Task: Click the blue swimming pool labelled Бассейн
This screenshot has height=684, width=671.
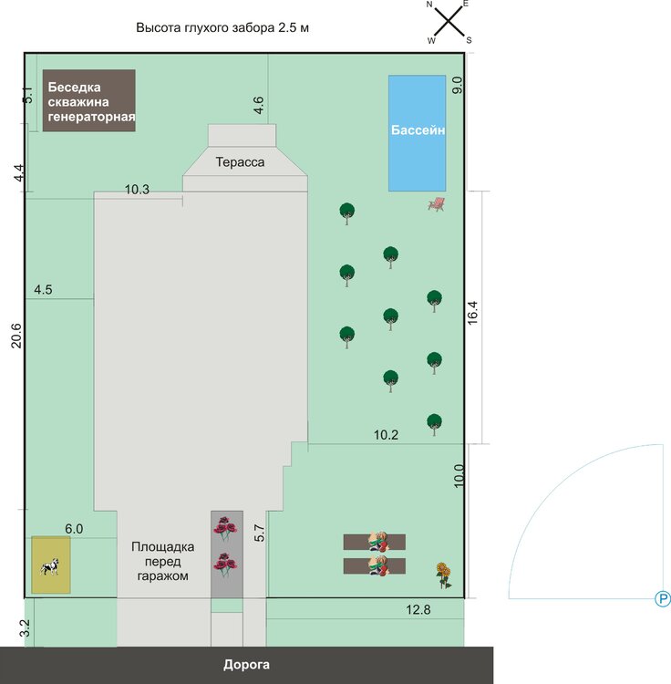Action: pyautogui.click(x=418, y=133)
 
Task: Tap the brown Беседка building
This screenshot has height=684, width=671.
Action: pyautogui.click(x=89, y=100)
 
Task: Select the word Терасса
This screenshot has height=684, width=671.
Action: pyautogui.click(x=241, y=162)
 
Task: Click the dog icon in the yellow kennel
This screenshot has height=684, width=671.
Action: pyautogui.click(x=50, y=566)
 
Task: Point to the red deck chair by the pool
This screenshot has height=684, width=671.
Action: pyautogui.click(x=437, y=204)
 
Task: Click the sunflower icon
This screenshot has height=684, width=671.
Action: pyautogui.click(x=443, y=575)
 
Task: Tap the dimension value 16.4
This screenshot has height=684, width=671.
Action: pyautogui.click(x=472, y=313)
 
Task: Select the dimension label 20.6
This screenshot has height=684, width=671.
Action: pyautogui.click(x=16, y=336)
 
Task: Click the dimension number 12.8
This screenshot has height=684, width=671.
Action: pyautogui.click(x=418, y=609)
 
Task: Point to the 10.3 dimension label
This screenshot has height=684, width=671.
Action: pyautogui.click(x=137, y=190)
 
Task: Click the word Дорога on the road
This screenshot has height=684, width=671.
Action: pyautogui.click(x=246, y=665)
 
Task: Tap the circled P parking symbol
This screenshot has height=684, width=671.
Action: pyautogui.click(x=663, y=599)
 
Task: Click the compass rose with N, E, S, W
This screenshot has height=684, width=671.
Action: pyautogui.click(x=449, y=22)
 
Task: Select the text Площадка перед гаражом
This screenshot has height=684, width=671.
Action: pyautogui.click(x=162, y=561)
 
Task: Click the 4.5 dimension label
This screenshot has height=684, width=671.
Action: pyautogui.click(x=43, y=290)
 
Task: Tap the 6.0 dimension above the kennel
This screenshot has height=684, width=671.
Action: pyautogui.click(x=74, y=529)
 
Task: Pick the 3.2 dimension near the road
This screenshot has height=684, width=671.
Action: pyautogui.click(x=26, y=628)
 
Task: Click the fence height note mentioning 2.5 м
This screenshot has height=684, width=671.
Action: pyautogui.click(x=222, y=27)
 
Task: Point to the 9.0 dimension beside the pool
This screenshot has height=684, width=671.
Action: pyautogui.click(x=457, y=85)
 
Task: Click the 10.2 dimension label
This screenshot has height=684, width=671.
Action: pyautogui.click(x=386, y=435)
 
